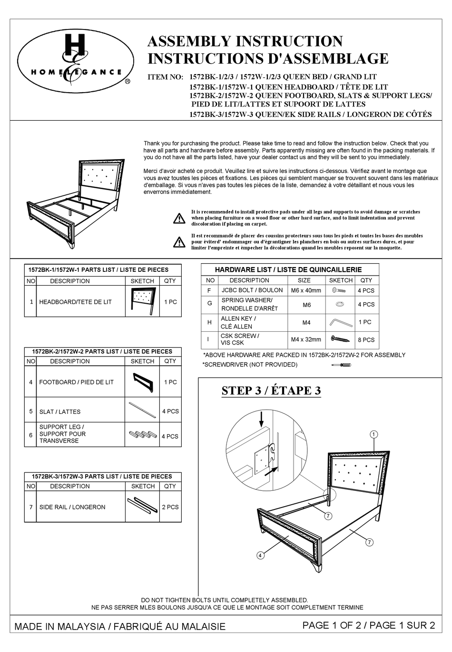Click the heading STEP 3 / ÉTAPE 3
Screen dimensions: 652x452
pos(271,391)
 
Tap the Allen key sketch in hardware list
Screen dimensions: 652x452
pos(341,323)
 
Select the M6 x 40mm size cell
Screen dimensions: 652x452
pos(306,290)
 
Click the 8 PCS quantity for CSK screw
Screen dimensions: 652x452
pos(366,340)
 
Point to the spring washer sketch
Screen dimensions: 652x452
pos(340,304)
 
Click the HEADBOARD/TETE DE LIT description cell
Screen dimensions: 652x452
pos(75,302)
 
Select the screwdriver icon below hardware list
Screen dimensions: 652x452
pos(354,364)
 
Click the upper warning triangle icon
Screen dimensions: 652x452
pos(179,219)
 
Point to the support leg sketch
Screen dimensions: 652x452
pos(142,434)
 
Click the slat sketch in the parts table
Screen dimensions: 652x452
pos(142,410)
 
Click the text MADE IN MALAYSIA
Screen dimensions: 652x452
pos(59,627)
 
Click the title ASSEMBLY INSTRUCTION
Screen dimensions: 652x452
pos(245,41)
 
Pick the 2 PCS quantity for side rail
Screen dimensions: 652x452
pos(170,507)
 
